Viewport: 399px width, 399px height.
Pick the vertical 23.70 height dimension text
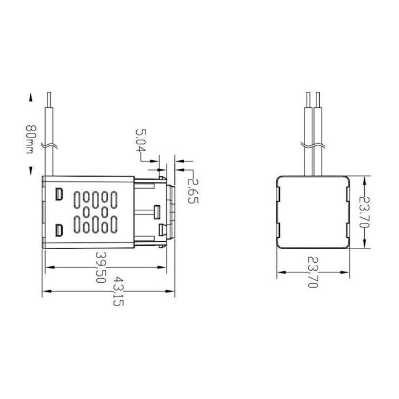click(x=368, y=212)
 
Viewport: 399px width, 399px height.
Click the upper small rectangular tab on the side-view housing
click(x=58, y=194)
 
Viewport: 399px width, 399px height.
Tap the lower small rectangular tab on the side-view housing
click(x=58, y=231)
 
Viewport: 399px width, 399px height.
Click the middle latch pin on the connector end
click(x=156, y=212)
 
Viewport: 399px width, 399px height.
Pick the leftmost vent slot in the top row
click(x=76, y=198)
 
